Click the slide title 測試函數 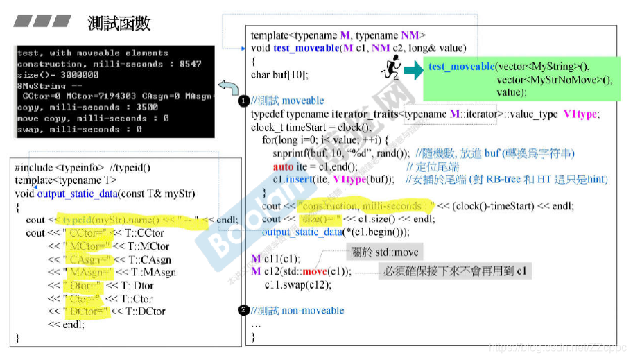(x=119, y=24)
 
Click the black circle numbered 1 (x=243, y=101)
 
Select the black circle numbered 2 (x=243, y=310)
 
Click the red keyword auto (x=282, y=166)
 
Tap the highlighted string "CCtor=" (x=86, y=233)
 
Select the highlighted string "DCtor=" (x=86, y=311)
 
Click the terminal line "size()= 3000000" (x=58, y=74)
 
